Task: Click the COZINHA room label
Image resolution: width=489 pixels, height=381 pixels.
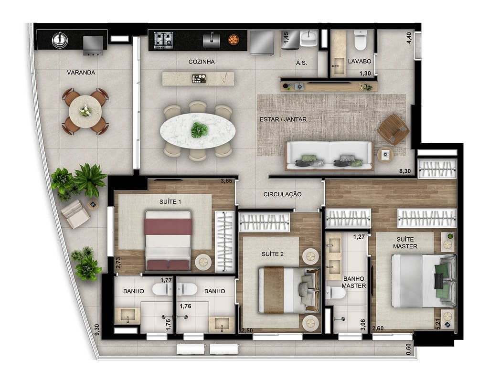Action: coord(201,62)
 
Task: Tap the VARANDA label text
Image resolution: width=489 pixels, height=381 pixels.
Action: coord(81,73)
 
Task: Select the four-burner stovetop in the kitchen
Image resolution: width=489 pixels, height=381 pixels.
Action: coord(163,40)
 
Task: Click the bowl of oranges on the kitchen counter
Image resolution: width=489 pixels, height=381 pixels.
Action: coord(234,40)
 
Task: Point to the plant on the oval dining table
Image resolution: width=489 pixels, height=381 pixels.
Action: coord(199,130)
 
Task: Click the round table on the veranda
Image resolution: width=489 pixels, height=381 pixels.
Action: coord(85,111)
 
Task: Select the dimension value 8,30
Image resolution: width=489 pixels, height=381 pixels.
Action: coord(404,171)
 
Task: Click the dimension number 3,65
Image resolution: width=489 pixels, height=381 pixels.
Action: coord(226,181)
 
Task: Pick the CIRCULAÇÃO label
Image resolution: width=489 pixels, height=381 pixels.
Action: coord(283,194)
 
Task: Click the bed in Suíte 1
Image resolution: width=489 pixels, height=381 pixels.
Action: coord(168,240)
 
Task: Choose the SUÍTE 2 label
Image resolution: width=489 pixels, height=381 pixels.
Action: coord(272,254)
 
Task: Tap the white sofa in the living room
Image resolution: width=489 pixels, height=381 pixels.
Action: coord(329,155)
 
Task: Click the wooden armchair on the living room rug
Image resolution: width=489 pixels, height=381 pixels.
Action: coord(393,129)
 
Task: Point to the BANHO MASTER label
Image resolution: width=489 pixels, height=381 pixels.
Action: coord(353,282)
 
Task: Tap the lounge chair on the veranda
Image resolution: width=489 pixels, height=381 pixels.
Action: coord(76,214)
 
